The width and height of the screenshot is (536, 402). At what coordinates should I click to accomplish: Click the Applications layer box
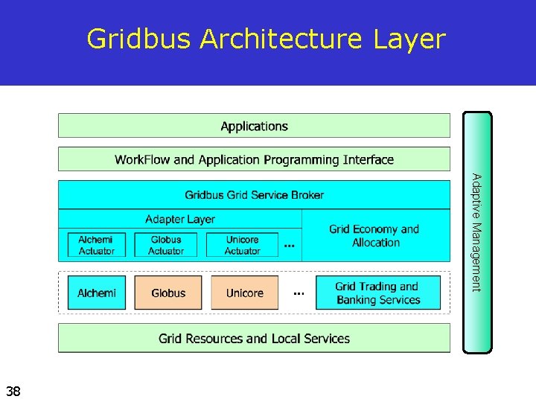[254, 126]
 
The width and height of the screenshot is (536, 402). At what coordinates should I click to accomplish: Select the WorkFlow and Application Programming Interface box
[254, 159]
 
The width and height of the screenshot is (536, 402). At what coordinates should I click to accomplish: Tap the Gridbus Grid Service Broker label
[254, 195]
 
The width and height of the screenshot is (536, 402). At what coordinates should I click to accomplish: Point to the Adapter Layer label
[180, 219]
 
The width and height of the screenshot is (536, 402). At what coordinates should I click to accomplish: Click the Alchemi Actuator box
[97, 245]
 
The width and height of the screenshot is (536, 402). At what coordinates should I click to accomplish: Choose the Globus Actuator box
[166, 245]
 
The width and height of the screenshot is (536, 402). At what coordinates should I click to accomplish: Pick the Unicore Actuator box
[242, 245]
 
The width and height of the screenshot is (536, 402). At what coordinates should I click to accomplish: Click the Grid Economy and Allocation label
[375, 236]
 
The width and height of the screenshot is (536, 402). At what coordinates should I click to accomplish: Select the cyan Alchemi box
[97, 293]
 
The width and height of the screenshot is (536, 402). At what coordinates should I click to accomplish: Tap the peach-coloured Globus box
[168, 293]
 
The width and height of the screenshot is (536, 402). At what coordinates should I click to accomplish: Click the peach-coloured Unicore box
[245, 293]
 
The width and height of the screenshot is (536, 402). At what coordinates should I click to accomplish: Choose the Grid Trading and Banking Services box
[378, 293]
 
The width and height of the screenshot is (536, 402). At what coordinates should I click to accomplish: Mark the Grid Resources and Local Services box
[254, 339]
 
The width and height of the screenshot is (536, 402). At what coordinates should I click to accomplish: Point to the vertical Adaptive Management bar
[477, 232]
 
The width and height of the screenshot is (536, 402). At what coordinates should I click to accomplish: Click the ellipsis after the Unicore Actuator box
[289, 245]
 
